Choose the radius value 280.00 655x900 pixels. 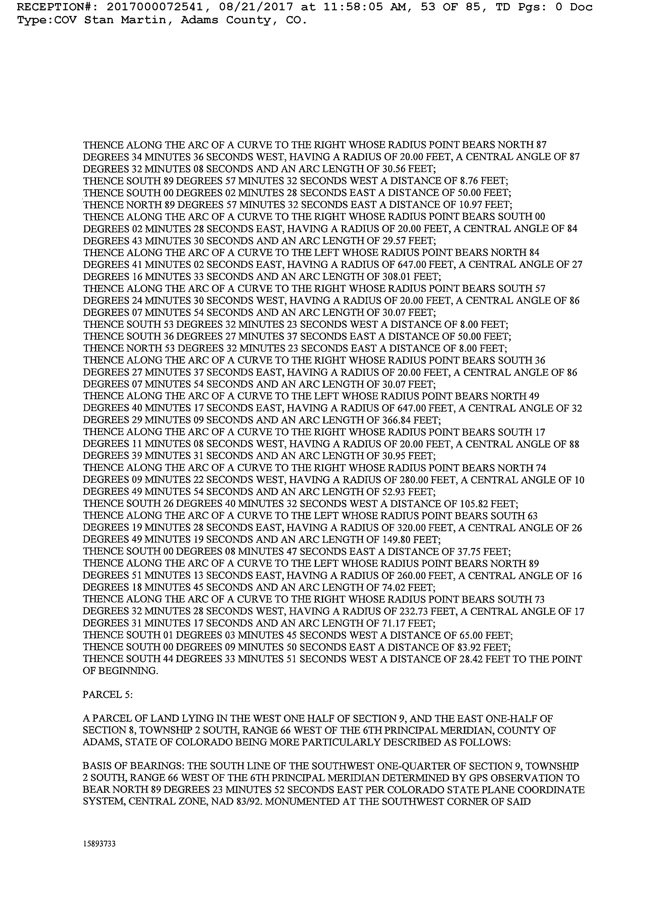point(412,480)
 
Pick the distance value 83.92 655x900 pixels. point(469,647)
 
